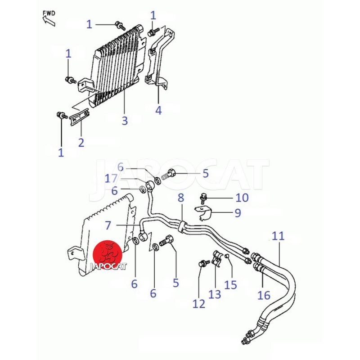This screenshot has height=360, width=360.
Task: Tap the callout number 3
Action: (x=125, y=121)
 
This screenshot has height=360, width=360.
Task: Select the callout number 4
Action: (x=158, y=110)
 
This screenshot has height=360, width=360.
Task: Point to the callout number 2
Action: (x=81, y=143)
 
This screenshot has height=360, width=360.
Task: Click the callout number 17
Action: (x=111, y=179)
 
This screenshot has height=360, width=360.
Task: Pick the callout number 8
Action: (x=181, y=197)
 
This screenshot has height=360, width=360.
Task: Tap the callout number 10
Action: (x=242, y=198)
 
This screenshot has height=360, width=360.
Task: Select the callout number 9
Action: (x=238, y=213)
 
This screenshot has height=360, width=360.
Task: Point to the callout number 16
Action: (x=264, y=295)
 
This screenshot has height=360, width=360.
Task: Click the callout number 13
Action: (x=215, y=294)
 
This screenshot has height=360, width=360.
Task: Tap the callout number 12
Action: (x=198, y=304)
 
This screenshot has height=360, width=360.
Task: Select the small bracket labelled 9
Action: (x=203, y=212)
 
